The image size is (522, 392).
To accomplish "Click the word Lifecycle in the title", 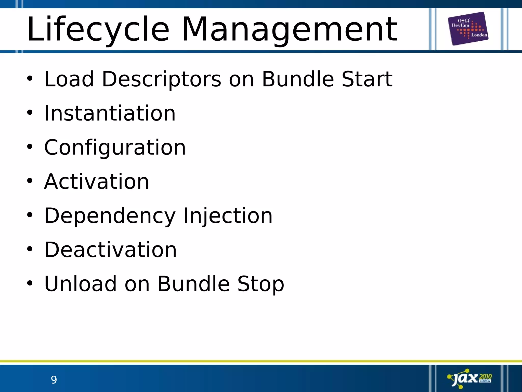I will (98, 29).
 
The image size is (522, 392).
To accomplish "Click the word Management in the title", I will (289, 29).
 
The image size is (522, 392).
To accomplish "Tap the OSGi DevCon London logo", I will (468, 29).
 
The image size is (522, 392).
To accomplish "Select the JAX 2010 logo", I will (469, 378).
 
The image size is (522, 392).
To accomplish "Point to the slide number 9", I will (54, 380).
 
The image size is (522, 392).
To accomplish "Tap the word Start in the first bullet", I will (367, 79).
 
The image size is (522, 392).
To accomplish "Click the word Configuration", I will (115, 148).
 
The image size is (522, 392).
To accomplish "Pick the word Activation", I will (97, 182).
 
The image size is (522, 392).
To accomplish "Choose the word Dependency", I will (110, 216).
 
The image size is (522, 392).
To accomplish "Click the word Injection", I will (228, 216).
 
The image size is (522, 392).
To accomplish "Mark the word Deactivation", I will (110, 250).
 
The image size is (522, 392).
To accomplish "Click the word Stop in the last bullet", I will (260, 284).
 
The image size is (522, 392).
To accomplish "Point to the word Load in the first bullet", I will (69, 79).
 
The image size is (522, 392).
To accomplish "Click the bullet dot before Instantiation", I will (30, 113).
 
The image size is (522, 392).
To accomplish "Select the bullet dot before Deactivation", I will (30, 249).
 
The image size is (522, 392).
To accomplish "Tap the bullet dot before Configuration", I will (30, 147).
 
